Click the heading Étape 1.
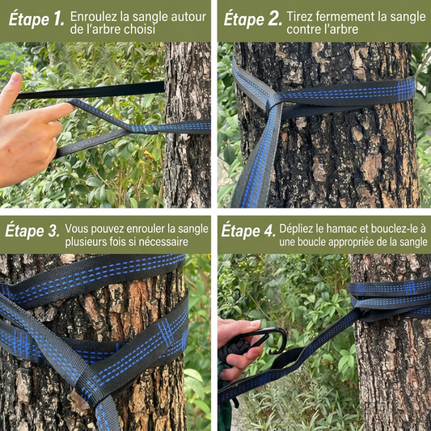point(36,19)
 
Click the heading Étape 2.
point(253,19)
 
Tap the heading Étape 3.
point(32,230)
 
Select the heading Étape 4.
point(248,230)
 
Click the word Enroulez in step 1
point(94,16)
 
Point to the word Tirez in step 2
point(299,16)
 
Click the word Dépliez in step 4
point(296,229)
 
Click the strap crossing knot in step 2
point(274,101)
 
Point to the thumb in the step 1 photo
point(11,91)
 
